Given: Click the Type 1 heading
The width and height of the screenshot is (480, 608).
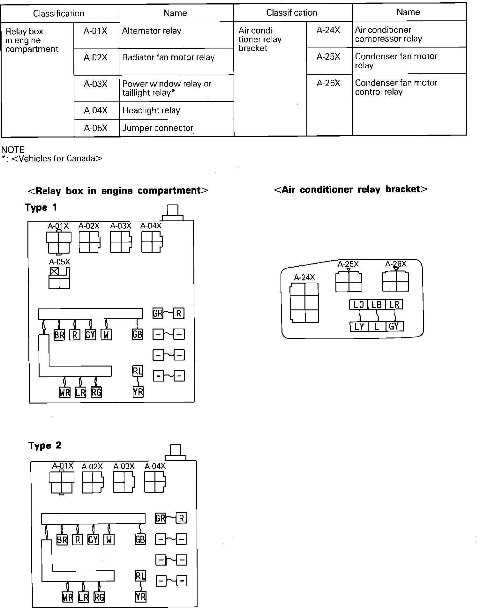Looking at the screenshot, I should [x=41, y=208].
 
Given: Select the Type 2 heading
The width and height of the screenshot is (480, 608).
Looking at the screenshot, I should [x=45, y=446].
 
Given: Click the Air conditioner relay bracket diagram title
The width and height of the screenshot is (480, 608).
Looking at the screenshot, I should [x=351, y=189].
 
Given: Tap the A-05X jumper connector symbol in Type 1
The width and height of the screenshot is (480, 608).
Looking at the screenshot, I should [x=59, y=278].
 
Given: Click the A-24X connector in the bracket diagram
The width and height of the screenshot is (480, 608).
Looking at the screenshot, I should [x=304, y=303].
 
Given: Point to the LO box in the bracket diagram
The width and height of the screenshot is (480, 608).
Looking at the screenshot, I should [x=359, y=305].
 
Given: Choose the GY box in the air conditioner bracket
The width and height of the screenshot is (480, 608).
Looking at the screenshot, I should [x=394, y=326].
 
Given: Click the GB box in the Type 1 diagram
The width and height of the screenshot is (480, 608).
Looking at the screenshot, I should [x=137, y=334].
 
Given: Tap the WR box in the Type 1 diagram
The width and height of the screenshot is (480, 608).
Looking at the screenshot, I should [x=64, y=392].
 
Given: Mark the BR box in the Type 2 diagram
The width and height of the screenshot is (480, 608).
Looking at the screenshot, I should [x=62, y=540].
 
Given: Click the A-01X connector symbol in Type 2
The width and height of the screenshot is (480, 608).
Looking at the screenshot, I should [x=62, y=483].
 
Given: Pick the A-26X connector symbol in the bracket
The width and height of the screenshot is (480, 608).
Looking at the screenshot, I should [x=395, y=281].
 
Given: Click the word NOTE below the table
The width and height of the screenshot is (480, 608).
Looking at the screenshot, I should [x=13, y=150].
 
